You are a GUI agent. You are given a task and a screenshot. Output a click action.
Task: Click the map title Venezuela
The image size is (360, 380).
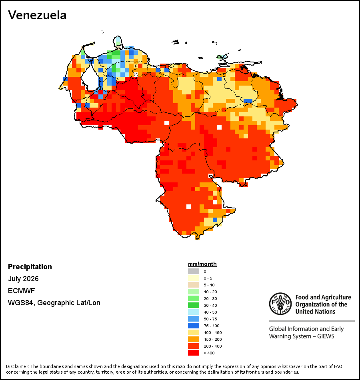click(37, 15)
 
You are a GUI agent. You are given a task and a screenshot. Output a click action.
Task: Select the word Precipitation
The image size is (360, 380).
click(30, 266)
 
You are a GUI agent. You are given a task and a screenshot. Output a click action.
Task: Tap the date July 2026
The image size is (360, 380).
click(23, 279)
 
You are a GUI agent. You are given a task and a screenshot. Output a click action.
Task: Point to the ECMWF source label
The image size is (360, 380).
click(21, 290)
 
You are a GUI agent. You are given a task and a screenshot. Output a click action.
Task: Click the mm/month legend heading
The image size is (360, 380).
click(202, 264)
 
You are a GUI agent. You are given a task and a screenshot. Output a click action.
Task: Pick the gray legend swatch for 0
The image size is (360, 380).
click(194, 271)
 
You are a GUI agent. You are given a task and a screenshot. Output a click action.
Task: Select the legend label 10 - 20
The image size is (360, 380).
click(210, 292)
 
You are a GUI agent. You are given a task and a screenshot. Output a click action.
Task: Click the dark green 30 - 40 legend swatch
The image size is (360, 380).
click(194, 305)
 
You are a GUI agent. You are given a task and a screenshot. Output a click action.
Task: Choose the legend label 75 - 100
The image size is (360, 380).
click(211, 326)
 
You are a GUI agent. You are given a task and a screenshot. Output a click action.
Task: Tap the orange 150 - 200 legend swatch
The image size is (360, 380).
click(194, 339)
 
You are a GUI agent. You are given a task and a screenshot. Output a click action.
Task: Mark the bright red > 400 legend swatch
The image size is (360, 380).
click(194, 353)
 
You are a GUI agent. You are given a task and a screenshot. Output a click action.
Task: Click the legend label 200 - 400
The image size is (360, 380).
click(213, 346)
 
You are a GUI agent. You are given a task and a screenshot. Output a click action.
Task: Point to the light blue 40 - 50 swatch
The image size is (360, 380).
click(194, 312)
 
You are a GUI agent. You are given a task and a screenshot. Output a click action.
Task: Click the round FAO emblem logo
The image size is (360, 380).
click(280, 304)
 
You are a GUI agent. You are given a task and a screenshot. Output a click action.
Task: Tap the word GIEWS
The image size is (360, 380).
click(326, 336)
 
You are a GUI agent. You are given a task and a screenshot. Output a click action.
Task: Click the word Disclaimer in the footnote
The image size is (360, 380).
click(17, 366)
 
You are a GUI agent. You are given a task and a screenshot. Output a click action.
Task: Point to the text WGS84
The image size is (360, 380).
click(20, 303)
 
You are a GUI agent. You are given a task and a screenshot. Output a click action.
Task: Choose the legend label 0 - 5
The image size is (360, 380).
click(208, 278)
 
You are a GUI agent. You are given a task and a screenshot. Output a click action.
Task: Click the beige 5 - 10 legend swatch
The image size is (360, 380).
click(194, 285)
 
